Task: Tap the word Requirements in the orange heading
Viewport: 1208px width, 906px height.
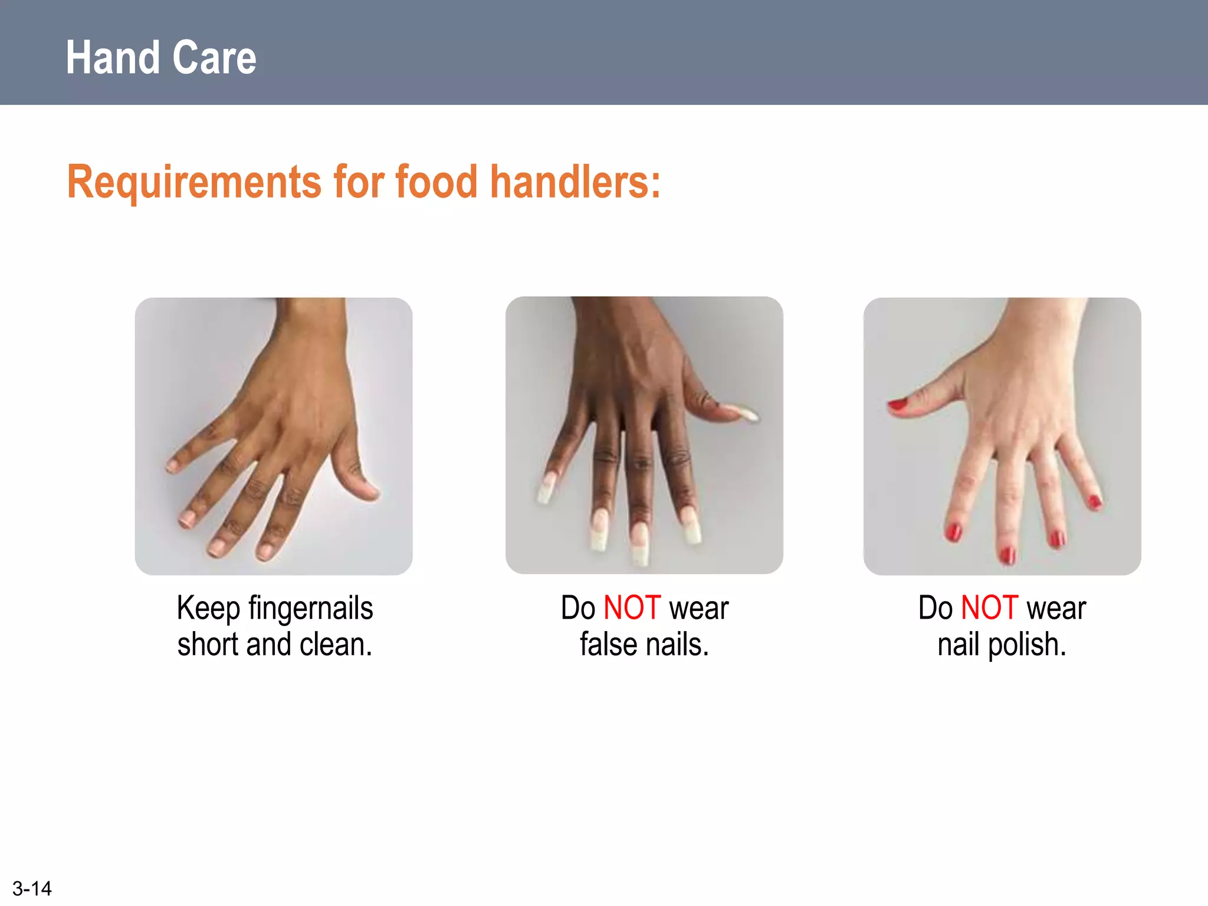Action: [194, 182]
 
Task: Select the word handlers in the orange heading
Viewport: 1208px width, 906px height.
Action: [575, 182]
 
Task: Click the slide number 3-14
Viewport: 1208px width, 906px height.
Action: [32, 888]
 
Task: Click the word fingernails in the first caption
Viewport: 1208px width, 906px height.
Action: [310, 608]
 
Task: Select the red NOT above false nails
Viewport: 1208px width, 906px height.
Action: [632, 608]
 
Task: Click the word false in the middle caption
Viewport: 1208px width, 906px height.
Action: [608, 644]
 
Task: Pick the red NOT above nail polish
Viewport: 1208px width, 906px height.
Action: [989, 608]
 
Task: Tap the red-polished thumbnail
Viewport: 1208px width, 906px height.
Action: [898, 405]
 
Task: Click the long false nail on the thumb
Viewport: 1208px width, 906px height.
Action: [744, 413]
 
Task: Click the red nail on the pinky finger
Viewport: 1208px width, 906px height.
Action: [1095, 502]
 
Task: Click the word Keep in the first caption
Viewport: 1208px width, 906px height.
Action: [208, 608]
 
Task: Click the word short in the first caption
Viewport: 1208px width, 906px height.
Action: [208, 644]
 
